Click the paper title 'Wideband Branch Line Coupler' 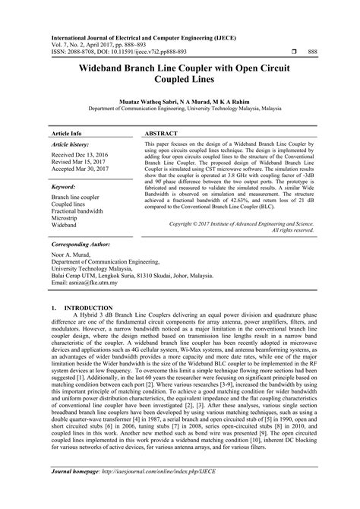[179, 68]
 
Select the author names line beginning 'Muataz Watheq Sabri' [179, 100]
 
